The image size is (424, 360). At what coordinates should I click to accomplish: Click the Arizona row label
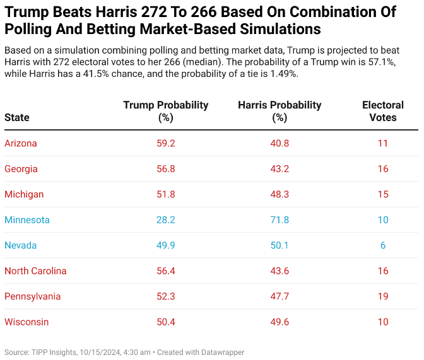(x=21, y=143)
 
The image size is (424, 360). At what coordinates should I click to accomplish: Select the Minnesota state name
(x=27, y=220)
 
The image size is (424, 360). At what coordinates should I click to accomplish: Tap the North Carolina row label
(x=35, y=271)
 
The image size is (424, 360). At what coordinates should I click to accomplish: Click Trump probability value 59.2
(x=166, y=143)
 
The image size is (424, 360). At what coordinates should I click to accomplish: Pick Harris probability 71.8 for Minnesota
(x=280, y=220)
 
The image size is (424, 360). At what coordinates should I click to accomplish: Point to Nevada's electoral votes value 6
(x=383, y=245)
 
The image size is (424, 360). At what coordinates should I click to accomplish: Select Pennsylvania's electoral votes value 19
(x=383, y=296)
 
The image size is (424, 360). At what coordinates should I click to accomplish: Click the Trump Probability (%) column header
(x=166, y=111)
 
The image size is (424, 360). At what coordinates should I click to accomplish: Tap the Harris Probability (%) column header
(x=280, y=111)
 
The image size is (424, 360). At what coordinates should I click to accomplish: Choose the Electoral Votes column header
(x=383, y=111)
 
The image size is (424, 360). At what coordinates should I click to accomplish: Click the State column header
(x=17, y=117)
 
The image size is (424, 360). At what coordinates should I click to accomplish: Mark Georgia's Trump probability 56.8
(x=166, y=169)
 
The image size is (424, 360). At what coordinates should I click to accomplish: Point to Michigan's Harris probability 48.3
(x=280, y=194)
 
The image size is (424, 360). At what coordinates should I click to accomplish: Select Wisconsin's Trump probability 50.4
(x=166, y=322)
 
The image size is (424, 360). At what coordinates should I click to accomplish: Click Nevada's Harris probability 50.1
(x=280, y=245)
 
